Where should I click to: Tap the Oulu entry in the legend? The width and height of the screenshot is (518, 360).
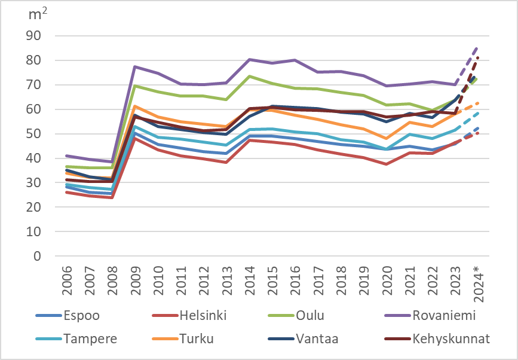(x=311, y=315)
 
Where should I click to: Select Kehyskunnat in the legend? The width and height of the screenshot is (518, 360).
(x=451, y=338)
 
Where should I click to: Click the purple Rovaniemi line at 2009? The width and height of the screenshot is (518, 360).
(x=135, y=67)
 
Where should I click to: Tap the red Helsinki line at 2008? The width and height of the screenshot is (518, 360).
(x=112, y=197)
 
